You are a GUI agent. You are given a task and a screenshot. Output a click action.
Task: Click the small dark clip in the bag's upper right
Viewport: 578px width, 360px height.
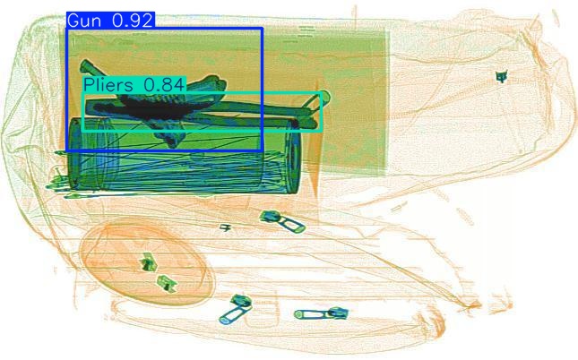pos(501,77)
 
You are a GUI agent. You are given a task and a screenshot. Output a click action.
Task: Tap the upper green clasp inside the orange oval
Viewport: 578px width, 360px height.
pos(147,263)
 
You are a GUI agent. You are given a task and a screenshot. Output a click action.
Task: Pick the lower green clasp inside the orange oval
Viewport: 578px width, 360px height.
pos(165,283)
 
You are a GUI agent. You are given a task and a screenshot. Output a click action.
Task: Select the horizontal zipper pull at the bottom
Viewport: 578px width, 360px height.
pos(320,313)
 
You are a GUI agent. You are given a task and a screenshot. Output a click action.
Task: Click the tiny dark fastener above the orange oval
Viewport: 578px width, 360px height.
pos(226,228)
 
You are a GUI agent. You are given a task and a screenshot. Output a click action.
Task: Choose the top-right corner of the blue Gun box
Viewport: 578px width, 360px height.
pos(262,28)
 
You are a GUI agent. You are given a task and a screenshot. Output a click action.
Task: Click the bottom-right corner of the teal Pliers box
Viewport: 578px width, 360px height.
pos(322,131)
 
